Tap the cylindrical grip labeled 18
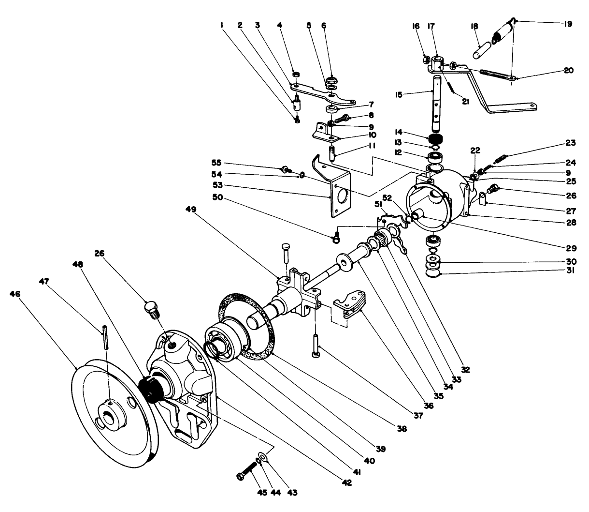coord(482,49)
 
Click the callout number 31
coord(570,271)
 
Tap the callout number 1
coord(223,24)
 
